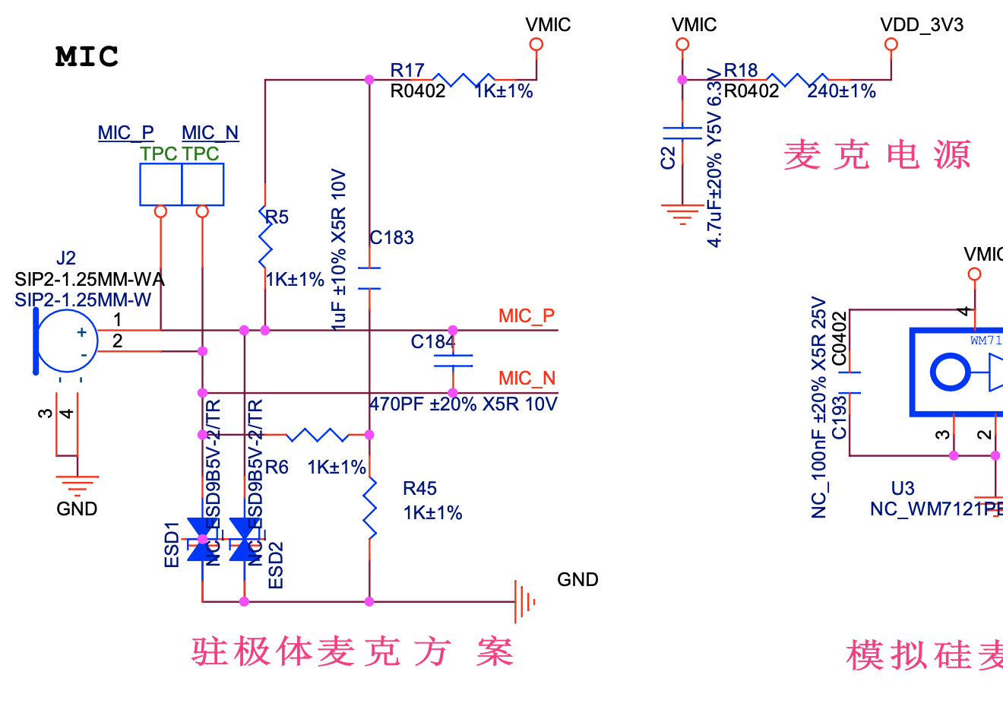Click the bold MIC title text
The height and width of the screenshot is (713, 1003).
[x=87, y=57]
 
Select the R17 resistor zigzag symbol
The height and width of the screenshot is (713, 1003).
[x=464, y=79]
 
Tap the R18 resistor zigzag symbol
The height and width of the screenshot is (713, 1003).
[x=797, y=79]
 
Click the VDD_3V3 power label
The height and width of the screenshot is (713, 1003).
[x=921, y=25]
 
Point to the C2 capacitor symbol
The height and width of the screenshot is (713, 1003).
[x=682, y=134]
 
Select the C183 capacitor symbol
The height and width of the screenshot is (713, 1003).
[x=369, y=278]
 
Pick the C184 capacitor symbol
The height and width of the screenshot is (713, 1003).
[x=453, y=361]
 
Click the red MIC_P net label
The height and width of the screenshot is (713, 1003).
[x=526, y=316]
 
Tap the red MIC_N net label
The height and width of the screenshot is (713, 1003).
[x=527, y=379]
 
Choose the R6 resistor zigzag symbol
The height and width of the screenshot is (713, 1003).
[x=318, y=435]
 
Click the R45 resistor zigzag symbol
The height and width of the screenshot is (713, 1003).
[x=369, y=507]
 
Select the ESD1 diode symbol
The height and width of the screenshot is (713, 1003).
[x=202, y=538]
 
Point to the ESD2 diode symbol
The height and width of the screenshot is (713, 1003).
[x=244, y=538]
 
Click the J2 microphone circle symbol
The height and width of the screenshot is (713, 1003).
[x=67, y=341]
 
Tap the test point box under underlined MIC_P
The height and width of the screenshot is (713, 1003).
[x=160, y=185]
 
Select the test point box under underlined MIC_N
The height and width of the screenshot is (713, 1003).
[x=203, y=185]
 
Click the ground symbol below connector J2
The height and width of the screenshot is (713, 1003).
[x=77, y=483]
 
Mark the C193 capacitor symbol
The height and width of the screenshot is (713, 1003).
[x=850, y=383]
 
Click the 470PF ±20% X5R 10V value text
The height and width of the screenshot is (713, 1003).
[x=464, y=404]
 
